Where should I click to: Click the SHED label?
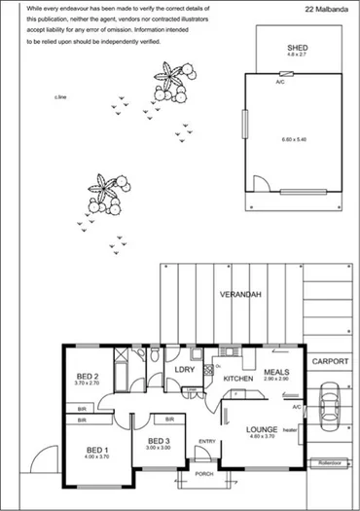(297, 47)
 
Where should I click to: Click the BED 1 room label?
(96, 450)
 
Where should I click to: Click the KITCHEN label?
(238, 378)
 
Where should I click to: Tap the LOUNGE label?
(263, 429)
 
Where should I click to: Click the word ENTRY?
(207, 441)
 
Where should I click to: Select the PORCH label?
(203, 474)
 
